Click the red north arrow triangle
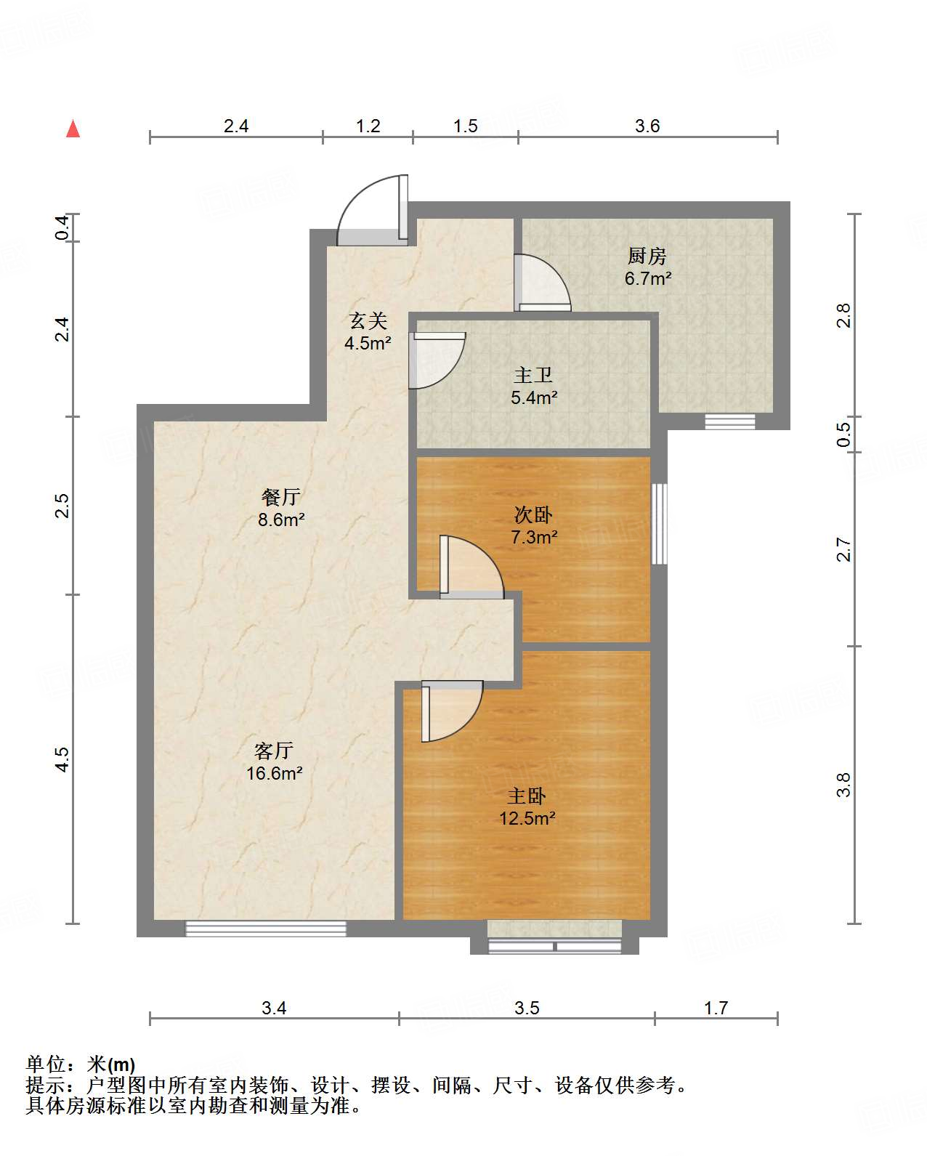click(x=73, y=129)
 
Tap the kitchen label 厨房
click(x=647, y=256)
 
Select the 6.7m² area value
click(x=647, y=278)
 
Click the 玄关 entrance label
click(x=368, y=320)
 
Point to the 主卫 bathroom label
click(x=533, y=375)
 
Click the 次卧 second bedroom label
click(x=533, y=515)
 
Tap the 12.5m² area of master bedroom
click(x=527, y=819)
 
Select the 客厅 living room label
click(x=274, y=750)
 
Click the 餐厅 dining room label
click(x=281, y=497)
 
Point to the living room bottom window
click(x=266, y=928)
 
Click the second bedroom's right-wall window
click(x=660, y=523)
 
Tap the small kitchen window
click(x=730, y=421)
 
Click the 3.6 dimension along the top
click(x=647, y=126)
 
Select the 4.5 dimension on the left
click(x=62, y=759)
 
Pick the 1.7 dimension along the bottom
click(x=716, y=1008)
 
